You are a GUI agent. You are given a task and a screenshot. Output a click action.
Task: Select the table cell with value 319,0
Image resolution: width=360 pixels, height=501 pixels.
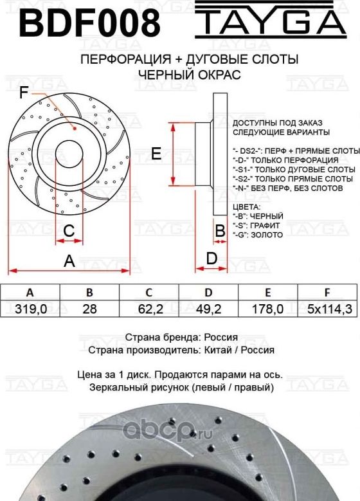click(x=30, y=309)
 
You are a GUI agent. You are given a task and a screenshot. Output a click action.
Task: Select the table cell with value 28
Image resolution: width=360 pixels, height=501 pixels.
click(x=90, y=309)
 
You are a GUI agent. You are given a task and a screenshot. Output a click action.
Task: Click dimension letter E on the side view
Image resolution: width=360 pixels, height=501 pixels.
click(x=155, y=153)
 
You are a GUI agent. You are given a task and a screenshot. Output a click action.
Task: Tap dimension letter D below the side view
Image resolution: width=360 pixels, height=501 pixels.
click(x=210, y=258)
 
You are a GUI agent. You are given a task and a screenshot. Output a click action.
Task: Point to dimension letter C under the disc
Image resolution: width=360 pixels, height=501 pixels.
click(x=69, y=230)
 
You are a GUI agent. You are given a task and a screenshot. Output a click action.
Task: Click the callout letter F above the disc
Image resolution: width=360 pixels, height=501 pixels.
click(x=24, y=94)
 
